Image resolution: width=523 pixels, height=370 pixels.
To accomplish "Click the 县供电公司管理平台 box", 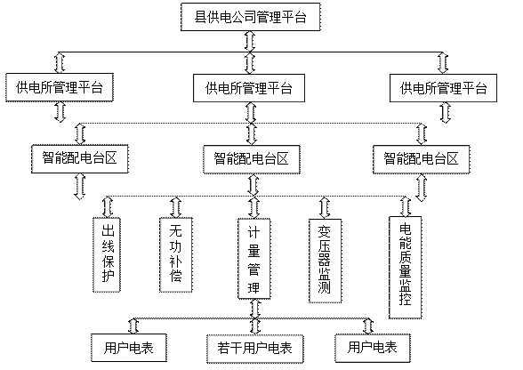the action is point(251,17).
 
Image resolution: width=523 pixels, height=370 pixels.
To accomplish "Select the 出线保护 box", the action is point(107,255).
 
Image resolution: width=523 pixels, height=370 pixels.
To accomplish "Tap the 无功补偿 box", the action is point(176,255).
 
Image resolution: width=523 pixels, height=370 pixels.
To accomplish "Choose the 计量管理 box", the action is point(253,259).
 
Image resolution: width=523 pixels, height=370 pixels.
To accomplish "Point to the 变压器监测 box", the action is point(325,261).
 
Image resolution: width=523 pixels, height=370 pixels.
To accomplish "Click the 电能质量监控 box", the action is point(406,268).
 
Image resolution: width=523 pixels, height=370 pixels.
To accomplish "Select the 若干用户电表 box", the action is point(254,349).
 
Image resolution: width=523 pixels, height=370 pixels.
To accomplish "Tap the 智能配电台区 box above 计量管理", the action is point(252,159).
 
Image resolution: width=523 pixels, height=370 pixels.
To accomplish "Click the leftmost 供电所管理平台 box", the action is point(60,87).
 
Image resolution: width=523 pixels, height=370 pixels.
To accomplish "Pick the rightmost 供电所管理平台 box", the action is point(443,88).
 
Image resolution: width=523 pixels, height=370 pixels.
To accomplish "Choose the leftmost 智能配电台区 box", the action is point(80,158).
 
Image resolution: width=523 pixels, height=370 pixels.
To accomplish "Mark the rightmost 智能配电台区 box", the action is point(422,159).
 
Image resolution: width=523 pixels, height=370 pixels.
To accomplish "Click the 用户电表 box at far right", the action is point(373,348).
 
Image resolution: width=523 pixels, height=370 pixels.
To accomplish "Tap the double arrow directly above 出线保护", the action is point(108,207).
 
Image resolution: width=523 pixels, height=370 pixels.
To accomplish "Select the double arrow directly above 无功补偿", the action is point(176,207).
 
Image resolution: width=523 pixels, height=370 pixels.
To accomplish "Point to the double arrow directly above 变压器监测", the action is point(325,207).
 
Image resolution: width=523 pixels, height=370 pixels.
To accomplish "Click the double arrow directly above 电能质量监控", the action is point(406,206).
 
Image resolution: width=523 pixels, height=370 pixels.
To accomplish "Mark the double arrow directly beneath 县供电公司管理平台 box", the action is point(250,42).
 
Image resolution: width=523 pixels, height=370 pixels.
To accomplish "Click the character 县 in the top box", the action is point(200,17).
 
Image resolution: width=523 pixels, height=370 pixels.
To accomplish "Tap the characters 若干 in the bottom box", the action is point(229,349).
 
